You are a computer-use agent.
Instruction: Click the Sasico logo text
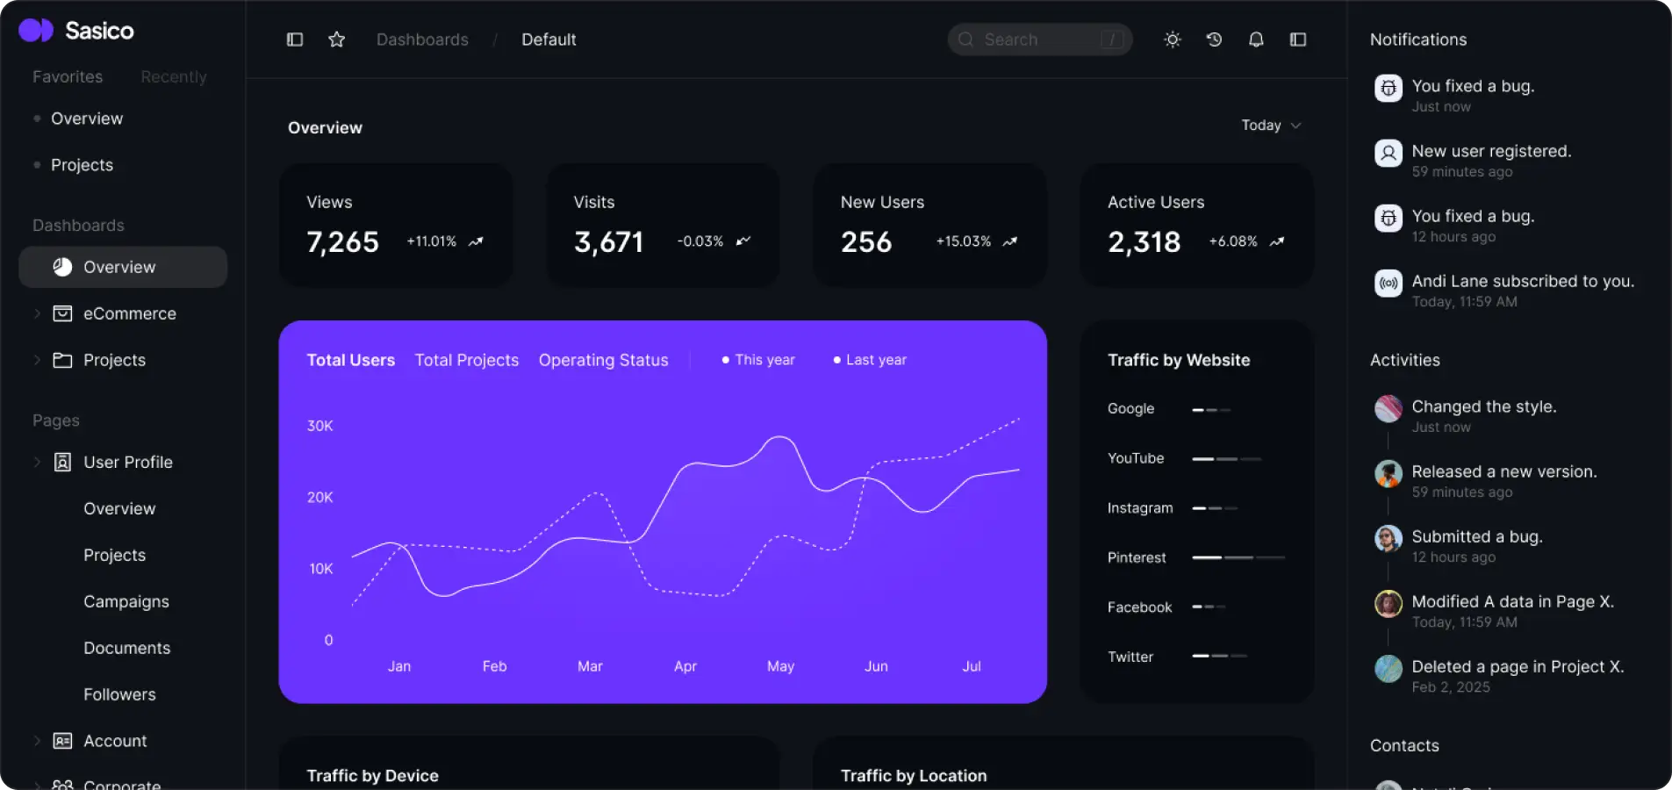(x=99, y=31)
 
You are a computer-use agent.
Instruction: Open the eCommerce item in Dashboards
(x=129, y=313)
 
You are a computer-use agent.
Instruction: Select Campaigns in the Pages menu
(x=126, y=601)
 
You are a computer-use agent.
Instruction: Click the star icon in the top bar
(x=336, y=39)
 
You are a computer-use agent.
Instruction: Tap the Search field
(x=1039, y=39)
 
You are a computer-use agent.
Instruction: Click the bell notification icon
(x=1256, y=39)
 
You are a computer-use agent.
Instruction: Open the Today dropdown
(x=1270, y=126)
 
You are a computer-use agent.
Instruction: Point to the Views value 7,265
(x=342, y=241)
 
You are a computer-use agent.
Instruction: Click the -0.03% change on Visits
(x=700, y=241)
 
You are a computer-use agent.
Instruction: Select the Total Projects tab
(x=466, y=360)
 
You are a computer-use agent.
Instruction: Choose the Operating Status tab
(x=603, y=360)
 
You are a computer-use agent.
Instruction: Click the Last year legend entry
(x=870, y=360)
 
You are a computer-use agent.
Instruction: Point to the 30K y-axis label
(x=319, y=426)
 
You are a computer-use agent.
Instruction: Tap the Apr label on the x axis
(x=685, y=666)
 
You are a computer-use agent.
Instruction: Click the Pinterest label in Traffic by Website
(x=1137, y=557)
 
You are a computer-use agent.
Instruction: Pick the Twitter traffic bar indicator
(x=1219, y=656)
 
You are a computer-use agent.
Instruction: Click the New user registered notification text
(x=1491, y=151)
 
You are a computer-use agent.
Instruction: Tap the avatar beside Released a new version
(x=1388, y=474)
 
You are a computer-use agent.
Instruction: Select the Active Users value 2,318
(x=1144, y=241)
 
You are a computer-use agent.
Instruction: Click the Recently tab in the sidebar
(x=174, y=76)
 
